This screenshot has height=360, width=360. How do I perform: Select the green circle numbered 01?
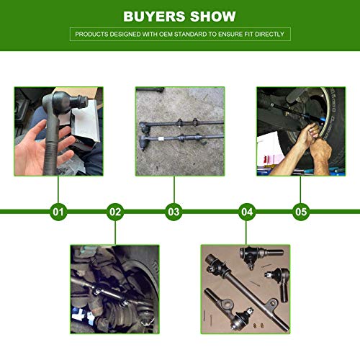coord(58,212)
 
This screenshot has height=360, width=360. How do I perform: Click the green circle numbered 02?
coord(115,212)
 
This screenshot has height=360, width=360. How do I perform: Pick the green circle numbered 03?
coord(174,212)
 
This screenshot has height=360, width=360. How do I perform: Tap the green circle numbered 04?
coord(247,212)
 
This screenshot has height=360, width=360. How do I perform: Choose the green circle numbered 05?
coord(301,212)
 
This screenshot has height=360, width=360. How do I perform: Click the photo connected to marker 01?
coord(58,130)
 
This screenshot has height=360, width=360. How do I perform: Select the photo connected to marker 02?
coord(114,288)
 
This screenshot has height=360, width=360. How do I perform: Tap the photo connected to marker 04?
coord(246,288)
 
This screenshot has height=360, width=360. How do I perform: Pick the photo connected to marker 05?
coord(300,130)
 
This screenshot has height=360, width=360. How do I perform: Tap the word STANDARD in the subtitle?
coord(199,34)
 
